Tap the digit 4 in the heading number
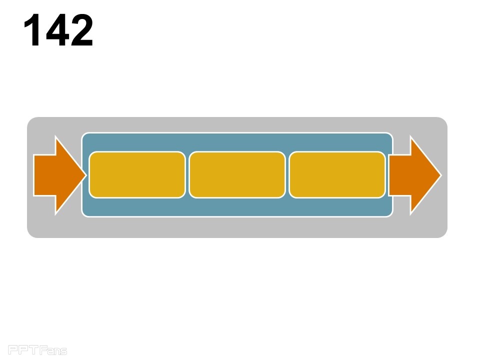tap(57, 30)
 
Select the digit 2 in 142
tap(81, 30)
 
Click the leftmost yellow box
tap(137, 174)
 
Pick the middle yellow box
tap(237, 174)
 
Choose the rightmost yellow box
tap(337, 174)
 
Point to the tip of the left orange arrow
tap(86, 175)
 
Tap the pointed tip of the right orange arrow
tap(441, 175)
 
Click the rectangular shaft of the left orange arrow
tap(44, 175)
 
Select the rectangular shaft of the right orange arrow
tap(399, 175)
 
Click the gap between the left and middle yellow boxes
tap(187, 174)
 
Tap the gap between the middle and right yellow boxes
tap(287, 174)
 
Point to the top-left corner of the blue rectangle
tap(82, 134)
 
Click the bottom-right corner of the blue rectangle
tap(392, 216)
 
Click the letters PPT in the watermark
tap(23, 349)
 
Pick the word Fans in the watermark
tap(53, 350)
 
